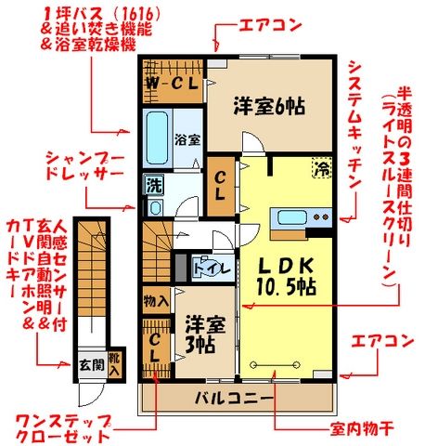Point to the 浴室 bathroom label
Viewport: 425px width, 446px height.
[x=188, y=140]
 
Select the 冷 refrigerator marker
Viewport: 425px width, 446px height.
[x=321, y=169]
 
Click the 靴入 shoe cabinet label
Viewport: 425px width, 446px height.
[x=114, y=363]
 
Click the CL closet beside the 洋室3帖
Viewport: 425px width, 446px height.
[x=155, y=350]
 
